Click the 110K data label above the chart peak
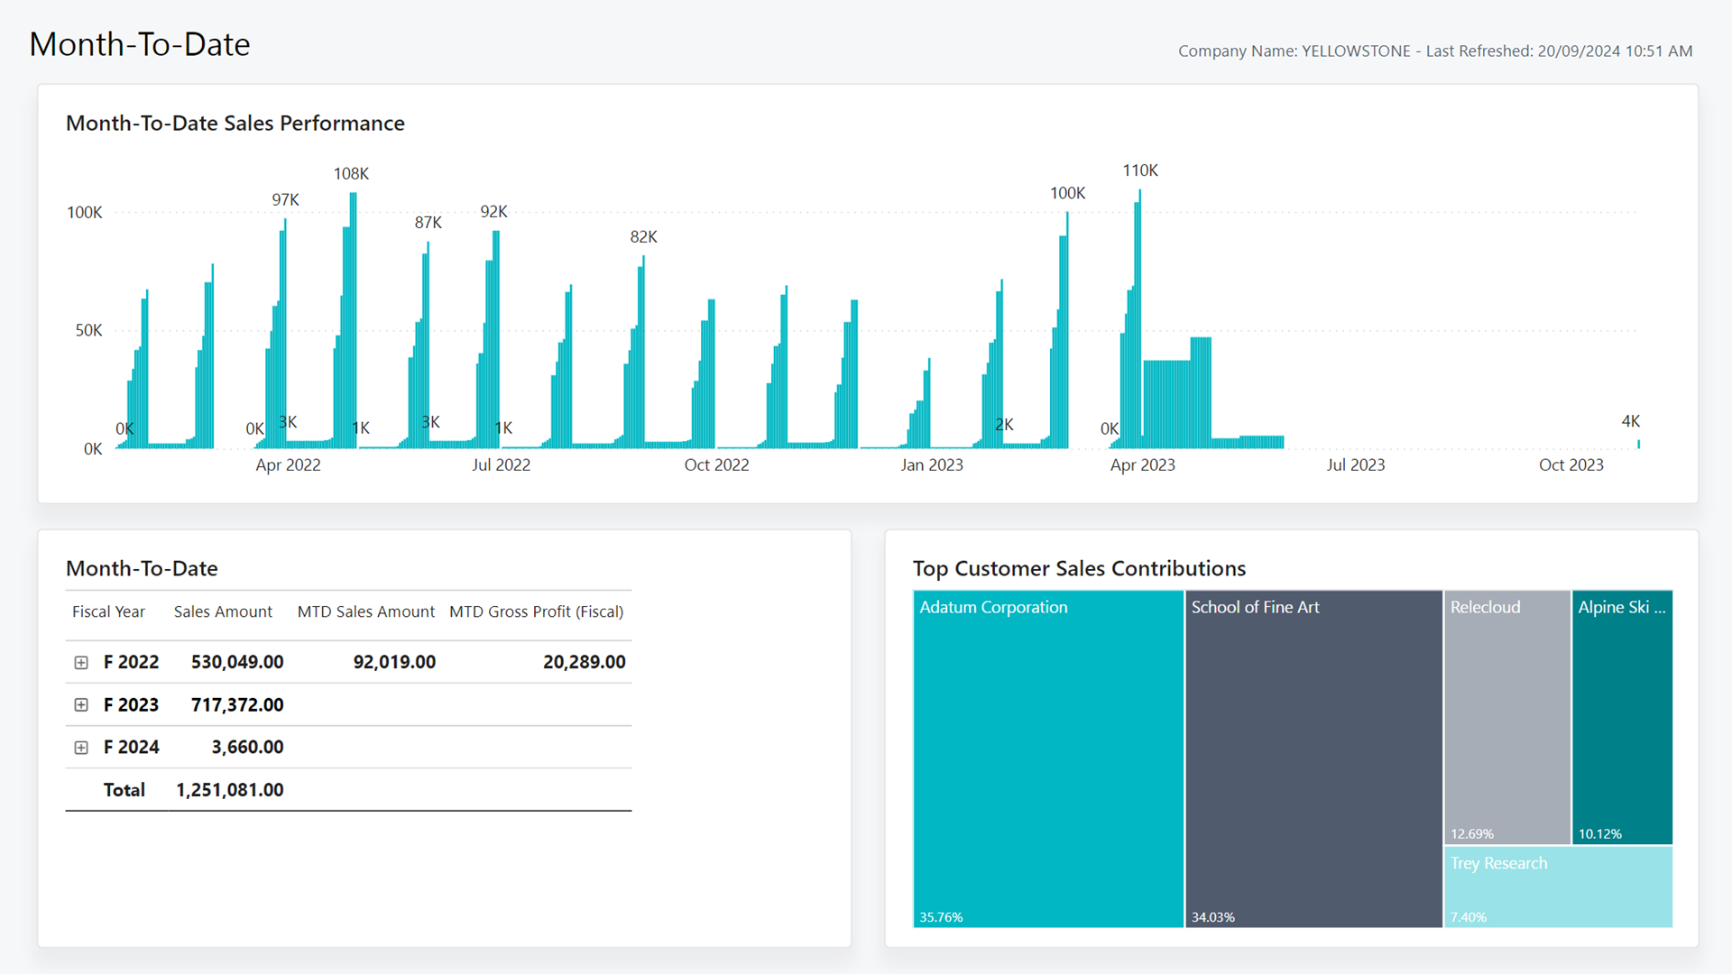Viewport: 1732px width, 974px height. (x=1139, y=170)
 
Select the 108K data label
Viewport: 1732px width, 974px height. (x=351, y=174)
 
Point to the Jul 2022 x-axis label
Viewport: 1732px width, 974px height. (x=501, y=465)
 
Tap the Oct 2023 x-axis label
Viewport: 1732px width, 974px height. (x=1571, y=465)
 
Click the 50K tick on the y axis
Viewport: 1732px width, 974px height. (x=88, y=331)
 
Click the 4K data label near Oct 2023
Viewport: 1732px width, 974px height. (x=1630, y=421)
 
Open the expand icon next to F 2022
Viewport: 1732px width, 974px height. (x=81, y=663)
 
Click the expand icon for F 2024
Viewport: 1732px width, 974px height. (x=81, y=748)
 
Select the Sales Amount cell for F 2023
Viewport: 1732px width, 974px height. (x=237, y=705)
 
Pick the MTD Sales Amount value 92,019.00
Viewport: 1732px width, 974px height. (x=394, y=663)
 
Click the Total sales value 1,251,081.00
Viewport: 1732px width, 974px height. (x=229, y=790)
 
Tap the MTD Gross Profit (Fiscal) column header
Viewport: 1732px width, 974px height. (x=536, y=611)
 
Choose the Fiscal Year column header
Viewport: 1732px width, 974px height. (x=108, y=611)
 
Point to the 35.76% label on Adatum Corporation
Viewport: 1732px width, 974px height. (x=941, y=917)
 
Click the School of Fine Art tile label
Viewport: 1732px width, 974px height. (x=1255, y=608)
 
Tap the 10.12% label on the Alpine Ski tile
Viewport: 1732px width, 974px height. (x=1599, y=834)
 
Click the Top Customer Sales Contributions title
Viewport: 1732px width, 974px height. (x=1079, y=569)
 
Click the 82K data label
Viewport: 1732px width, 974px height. (x=643, y=237)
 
